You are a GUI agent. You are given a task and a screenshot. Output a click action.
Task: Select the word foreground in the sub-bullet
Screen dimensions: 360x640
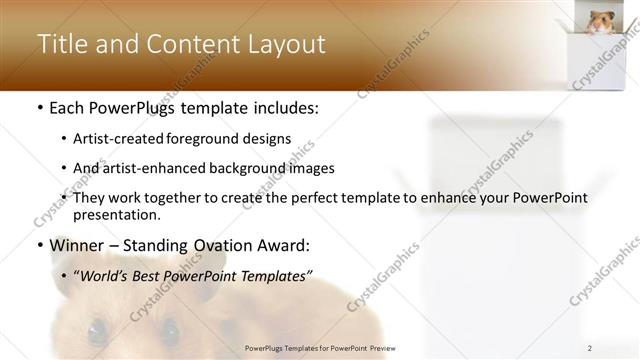[x=215, y=138]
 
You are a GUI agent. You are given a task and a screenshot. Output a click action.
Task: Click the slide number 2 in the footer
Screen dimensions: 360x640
[x=590, y=347]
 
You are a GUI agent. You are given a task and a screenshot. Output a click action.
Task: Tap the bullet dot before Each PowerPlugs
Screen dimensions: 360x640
[x=39, y=107]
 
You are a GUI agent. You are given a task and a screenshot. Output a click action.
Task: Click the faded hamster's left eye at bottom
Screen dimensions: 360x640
[x=94, y=328]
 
